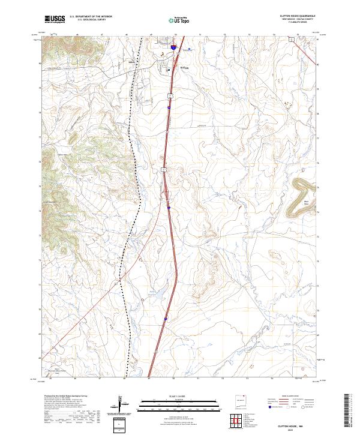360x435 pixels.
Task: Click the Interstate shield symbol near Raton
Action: [x=173, y=46]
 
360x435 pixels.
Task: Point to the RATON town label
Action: [x=185, y=68]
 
